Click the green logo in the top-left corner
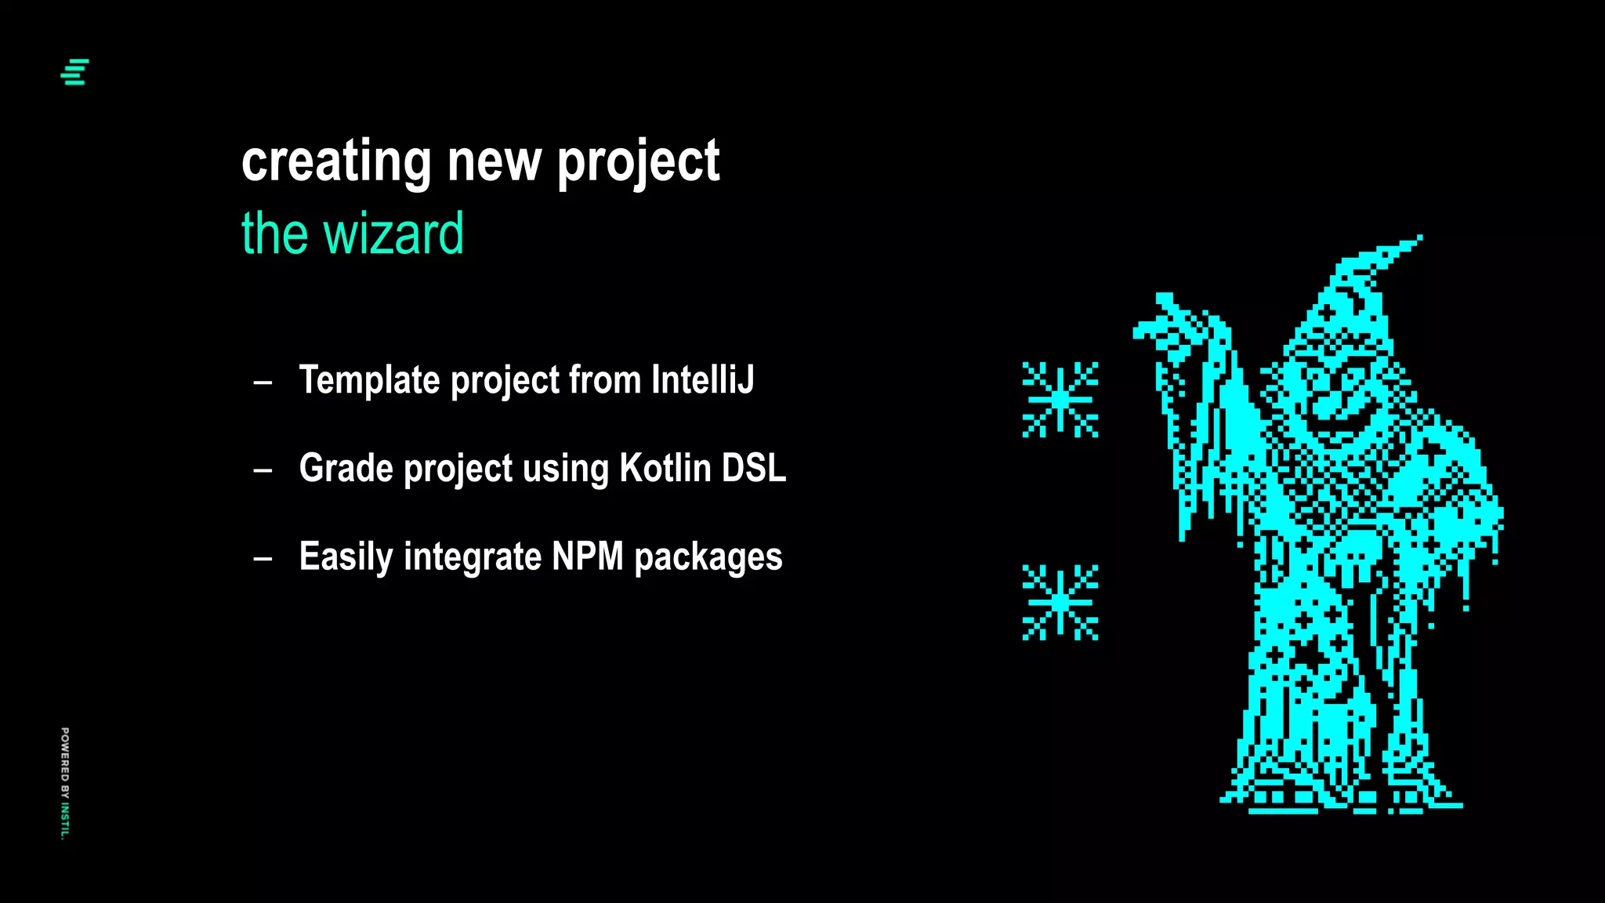(x=75, y=72)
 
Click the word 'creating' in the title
(x=335, y=161)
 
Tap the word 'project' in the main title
(x=638, y=161)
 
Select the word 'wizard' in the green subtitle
(x=394, y=234)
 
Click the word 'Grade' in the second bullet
(x=346, y=468)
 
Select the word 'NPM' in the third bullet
(x=587, y=557)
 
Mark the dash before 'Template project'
(x=263, y=383)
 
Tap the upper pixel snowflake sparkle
(x=1060, y=400)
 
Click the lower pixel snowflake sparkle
(x=1060, y=602)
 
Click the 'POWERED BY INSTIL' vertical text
(x=65, y=783)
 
